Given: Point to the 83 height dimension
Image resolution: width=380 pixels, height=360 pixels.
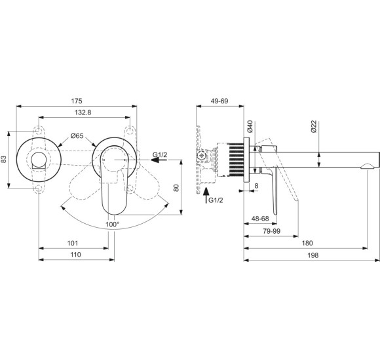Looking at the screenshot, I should click(x=5, y=158).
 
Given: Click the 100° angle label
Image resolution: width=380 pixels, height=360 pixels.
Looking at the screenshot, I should click(x=112, y=225).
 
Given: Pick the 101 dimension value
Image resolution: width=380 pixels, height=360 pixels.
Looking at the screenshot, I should click(x=74, y=243).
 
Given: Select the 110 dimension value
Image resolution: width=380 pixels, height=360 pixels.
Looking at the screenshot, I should click(x=76, y=255).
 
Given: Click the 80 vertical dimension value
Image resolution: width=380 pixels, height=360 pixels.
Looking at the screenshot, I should click(x=176, y=187).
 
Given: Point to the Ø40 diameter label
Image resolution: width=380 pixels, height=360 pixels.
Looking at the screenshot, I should click(x=250, y=126).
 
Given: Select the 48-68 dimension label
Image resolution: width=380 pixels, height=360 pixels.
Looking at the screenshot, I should click(x=259, y=219).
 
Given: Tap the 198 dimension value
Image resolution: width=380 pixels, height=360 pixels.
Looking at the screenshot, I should click(x=312, y=255).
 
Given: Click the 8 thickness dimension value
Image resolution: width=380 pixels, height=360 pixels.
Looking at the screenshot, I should click(x=256, y=186).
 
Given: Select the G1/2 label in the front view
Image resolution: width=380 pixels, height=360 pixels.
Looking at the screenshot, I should click(x=161, y=154).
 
